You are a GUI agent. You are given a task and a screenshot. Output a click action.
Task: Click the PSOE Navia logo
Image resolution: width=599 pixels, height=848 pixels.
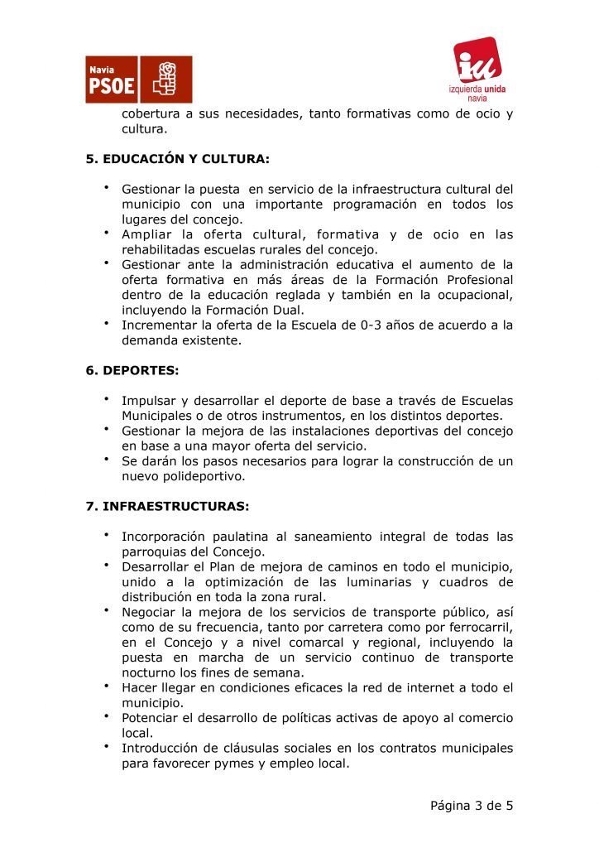pos(139,79)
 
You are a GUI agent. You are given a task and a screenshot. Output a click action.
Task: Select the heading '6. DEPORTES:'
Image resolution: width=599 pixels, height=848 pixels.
pos(132,371)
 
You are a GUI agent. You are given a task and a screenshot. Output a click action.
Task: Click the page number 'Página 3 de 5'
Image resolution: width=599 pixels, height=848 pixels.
pos(472,805)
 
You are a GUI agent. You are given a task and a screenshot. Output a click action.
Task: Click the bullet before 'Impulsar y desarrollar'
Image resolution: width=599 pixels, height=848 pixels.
pos(107,398)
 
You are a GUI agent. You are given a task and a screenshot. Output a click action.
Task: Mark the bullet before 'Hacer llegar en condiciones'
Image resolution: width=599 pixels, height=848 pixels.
pos(107,685)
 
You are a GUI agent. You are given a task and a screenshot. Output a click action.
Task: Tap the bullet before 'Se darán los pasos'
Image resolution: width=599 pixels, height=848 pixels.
pos(107,458)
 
